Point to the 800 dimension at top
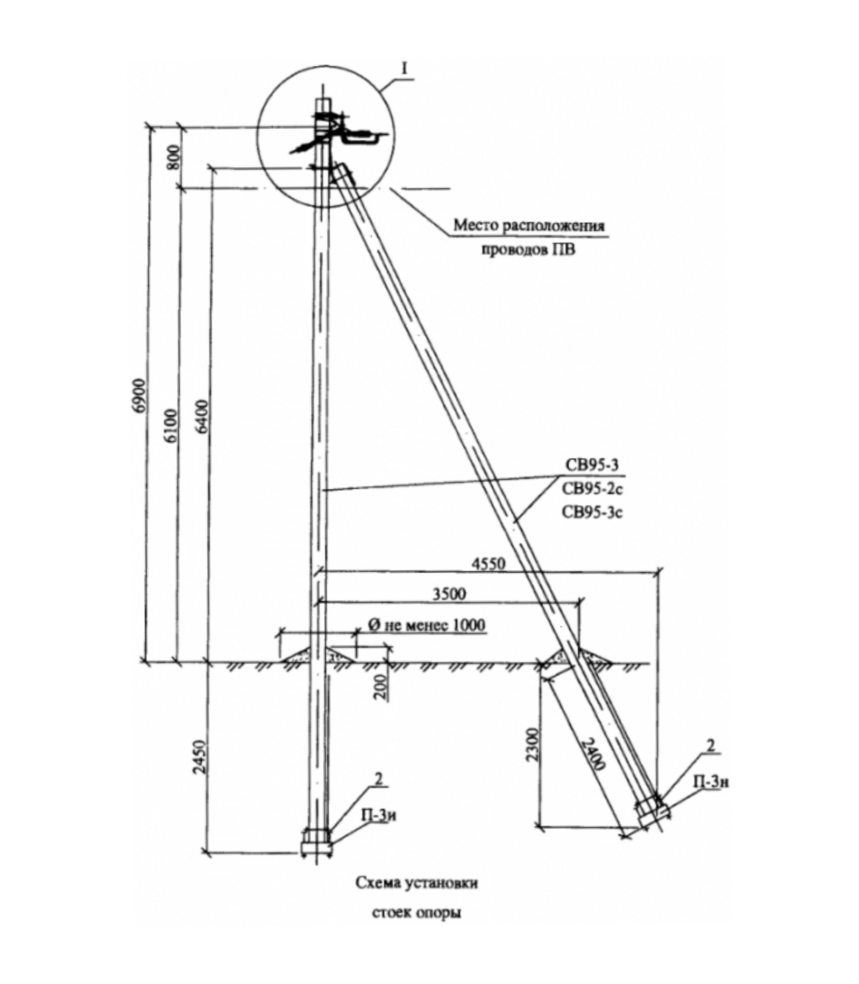174,156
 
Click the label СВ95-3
592,466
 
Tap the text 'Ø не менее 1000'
426,625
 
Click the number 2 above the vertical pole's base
379,779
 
